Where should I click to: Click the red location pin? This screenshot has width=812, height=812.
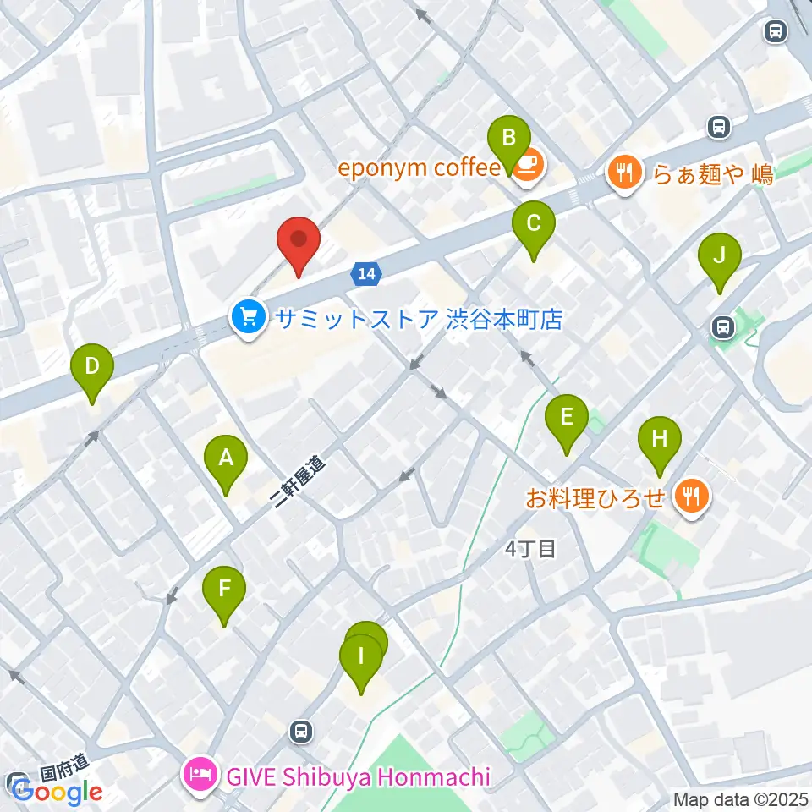coord(299,240)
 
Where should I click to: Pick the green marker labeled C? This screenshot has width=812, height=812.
coord(534,225)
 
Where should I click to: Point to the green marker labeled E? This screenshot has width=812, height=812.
coord(567,418)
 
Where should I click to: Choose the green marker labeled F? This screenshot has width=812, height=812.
coord(224,589)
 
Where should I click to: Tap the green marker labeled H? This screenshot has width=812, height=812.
coord(660,440)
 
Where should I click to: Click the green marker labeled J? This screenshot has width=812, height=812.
coord(719,256)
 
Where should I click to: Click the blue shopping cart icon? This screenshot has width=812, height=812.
coord(247,319)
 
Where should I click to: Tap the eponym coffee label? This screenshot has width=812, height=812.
coord(420,167)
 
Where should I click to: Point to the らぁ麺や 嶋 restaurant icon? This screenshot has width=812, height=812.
coord(624,174)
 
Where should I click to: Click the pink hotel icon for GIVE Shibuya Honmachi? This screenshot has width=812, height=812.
coord(201,775)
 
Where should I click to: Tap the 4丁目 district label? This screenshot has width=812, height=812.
coord(530,550)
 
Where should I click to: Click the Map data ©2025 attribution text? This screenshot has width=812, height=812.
coord(741,798)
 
